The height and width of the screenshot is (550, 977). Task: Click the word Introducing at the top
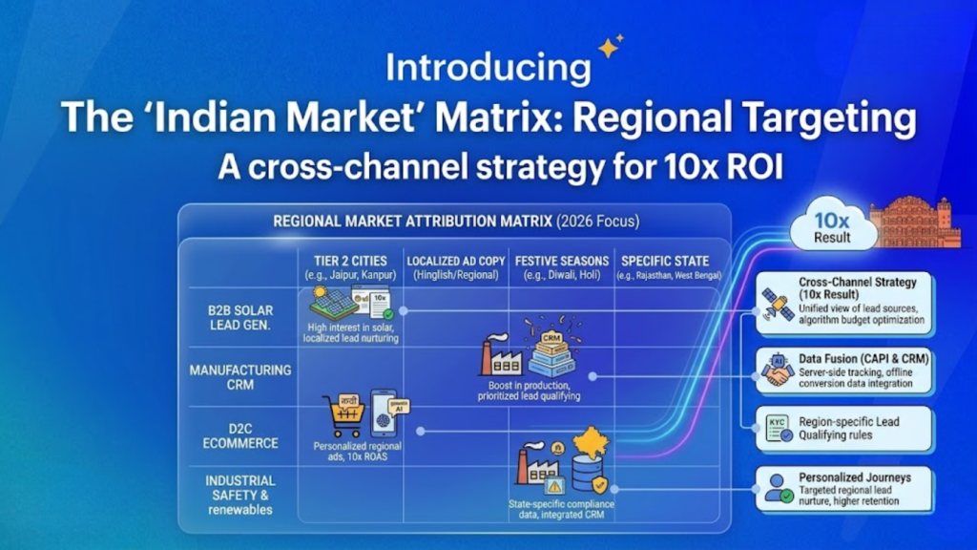tap(487, 68)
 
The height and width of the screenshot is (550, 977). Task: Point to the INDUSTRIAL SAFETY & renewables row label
tap(239, 495)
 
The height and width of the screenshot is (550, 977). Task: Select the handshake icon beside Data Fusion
tap(777, 370)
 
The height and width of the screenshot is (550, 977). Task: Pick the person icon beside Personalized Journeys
tap(777, 486)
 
